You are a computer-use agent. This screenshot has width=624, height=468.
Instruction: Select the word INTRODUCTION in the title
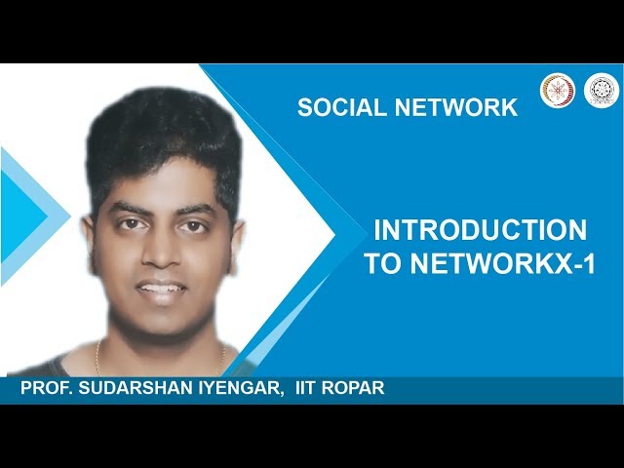click(x=480, y=231)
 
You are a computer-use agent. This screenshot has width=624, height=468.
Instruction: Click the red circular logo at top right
click(x=558, y=90)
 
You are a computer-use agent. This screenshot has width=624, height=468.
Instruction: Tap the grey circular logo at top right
click(x=601, y=90)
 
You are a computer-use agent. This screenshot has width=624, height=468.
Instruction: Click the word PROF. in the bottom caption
click(x=47, y=389)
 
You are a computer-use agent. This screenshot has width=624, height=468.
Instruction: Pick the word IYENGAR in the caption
click(x=239, y=389)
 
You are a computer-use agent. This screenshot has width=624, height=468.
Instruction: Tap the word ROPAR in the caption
click(x=358, y=389)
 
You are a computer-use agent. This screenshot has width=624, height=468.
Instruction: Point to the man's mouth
click(x=161, y=290)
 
